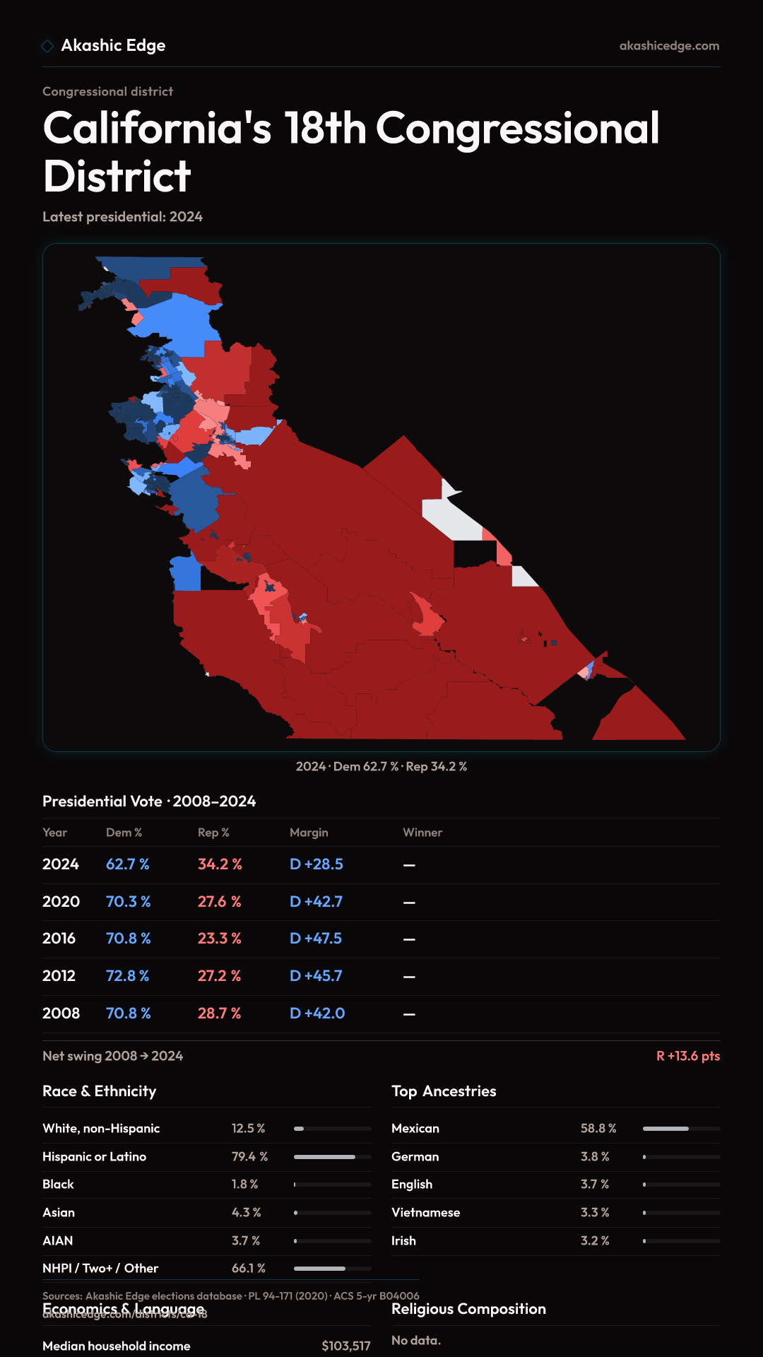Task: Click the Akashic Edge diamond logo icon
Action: (x=47, y=46)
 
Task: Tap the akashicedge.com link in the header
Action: (x=669, y=46)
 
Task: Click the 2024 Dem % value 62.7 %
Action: (x=128, y=864)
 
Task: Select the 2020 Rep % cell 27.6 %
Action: (x=219, y=902)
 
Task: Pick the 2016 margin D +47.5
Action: (x=316, y=939)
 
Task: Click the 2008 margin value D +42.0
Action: (x=317, y=1014)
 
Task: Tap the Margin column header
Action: (x=309, y=833)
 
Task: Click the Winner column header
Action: (x=422, y=833)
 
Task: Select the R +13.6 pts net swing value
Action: (x=688, y=1056)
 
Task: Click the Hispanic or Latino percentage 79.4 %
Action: (x=249, y=1157)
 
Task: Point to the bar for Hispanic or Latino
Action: (x=332, y=1157)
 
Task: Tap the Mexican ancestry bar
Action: (x=681, y=1129)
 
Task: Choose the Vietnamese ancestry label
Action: (x=425, y=1213)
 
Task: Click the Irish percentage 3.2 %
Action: (x=595, y=1241)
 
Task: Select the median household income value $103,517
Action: (x=345, y=1346)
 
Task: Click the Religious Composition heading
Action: (x=468, y=1309)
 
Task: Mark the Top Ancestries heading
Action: (x=444, y=1091)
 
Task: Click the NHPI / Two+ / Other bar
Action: (x=332, y=1269)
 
